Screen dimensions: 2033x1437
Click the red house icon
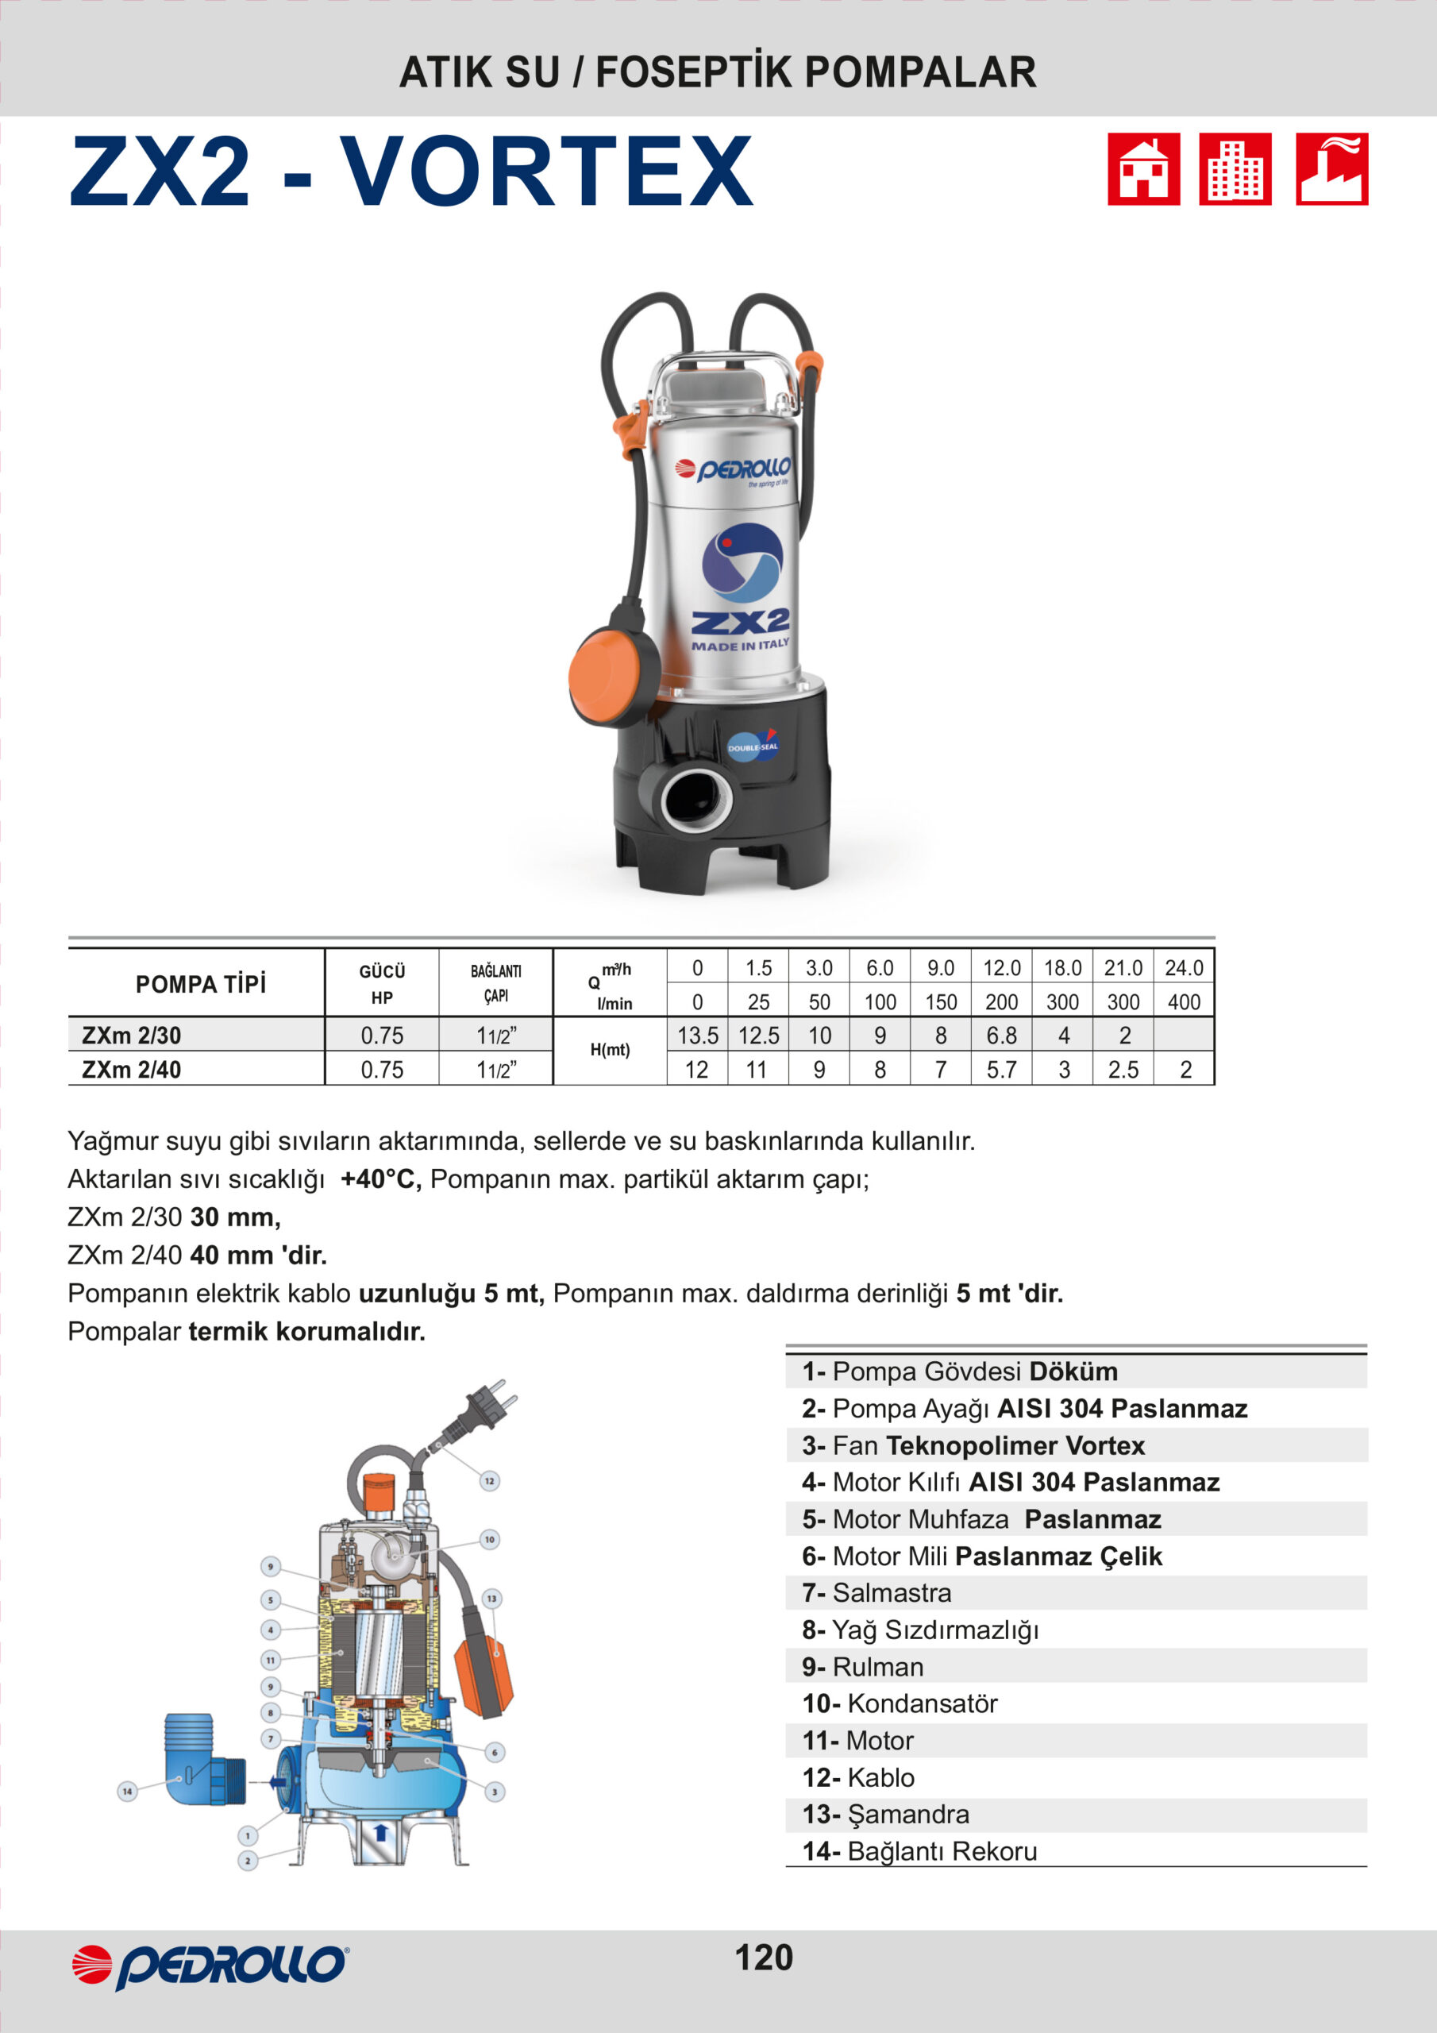tap(1143, 169)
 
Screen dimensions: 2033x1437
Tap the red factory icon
tap(1331, 169)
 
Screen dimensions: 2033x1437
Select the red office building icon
tap(1235, 169)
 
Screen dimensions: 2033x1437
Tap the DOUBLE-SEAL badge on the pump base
tap(753, 746)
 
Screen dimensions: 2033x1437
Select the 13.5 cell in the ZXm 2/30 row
tap(697, 1035)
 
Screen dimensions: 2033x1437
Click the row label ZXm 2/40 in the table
tap(131, 1070)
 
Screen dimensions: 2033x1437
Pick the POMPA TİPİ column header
tap(200, 984)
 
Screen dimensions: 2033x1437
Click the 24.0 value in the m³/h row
tap(1184, 968)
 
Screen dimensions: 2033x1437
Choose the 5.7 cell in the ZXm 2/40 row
tap(1001, 1070)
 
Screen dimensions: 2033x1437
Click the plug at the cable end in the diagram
tap(484, 1408)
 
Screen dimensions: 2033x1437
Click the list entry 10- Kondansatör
tap(900, 1703)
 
